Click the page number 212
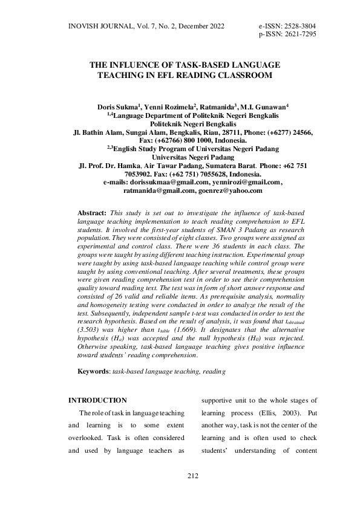click(x=193, y=477)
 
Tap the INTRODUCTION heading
click(x=97, y=401)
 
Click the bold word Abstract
click(x=93, y=213)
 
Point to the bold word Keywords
click(x=94, y=369)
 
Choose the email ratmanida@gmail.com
click(x=158, y=190)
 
